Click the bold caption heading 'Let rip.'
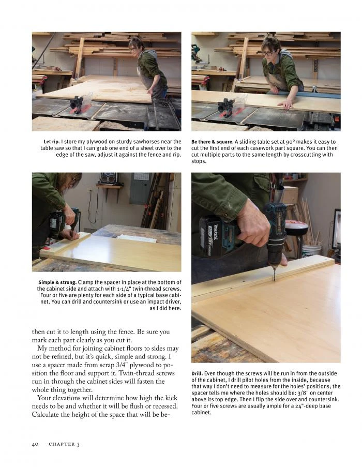[52, 142]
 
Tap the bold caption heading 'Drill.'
[197, 373]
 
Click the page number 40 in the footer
[36, 444]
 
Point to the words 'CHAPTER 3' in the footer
[64, 444]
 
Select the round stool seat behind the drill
[297, 227]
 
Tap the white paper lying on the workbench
[137, 238]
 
